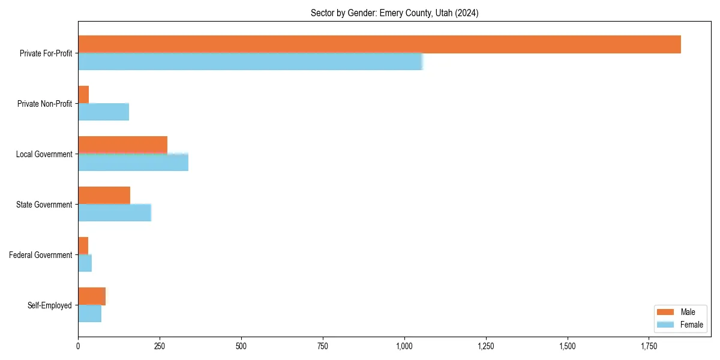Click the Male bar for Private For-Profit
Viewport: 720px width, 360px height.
(x=379, y=44)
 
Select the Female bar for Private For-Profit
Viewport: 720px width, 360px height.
(x=250, y=62)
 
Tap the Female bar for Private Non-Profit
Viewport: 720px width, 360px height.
(x=103, y=112)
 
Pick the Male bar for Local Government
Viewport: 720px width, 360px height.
(x=122, y=145)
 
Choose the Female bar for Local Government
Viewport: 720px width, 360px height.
(x=133, y=163)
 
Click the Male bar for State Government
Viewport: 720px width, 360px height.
(x=104, y=196)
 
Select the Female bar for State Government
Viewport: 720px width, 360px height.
(x=115, y=213)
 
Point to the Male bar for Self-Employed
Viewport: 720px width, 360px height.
(x=92, y=296)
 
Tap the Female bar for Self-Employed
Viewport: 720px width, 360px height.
(x=89, y=314)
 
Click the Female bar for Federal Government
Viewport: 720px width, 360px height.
(x=85, y=263)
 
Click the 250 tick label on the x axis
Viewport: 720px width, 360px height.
(x=160, y=346)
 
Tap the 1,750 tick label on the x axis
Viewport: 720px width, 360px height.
(x=649, y=346)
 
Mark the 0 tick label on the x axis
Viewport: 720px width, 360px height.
(x=78, y=346)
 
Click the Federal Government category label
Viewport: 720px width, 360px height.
(x=40, y=255)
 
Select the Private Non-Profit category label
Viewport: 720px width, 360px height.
(x=44, y=104)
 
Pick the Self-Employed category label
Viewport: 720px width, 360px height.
(x=49, y=305)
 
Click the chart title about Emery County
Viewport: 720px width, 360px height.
(x=394, y=13)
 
